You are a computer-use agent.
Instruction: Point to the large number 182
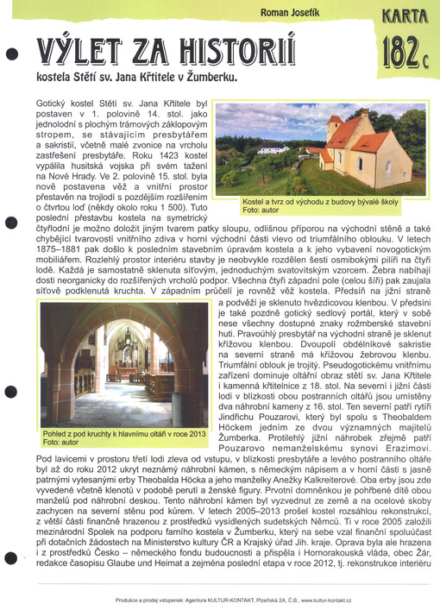click(399, 55)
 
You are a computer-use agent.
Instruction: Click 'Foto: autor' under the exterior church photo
click(263, 210)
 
